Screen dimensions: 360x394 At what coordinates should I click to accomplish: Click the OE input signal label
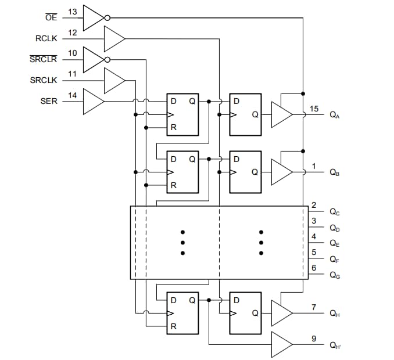51,17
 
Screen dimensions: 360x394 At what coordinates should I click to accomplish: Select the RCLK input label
46,38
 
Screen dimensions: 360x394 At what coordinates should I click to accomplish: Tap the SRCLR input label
42,59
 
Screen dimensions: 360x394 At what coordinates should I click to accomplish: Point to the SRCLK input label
44,80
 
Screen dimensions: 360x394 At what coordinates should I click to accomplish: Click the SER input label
49,101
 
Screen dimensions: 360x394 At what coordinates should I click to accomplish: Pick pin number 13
73,12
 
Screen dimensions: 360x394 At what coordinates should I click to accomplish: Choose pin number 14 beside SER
73,95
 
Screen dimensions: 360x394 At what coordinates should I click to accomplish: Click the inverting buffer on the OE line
93,17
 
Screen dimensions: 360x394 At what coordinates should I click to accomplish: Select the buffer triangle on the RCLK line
114,38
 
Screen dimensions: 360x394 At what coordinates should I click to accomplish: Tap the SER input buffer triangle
93,101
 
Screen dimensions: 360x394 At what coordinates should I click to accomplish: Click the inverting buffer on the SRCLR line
93,59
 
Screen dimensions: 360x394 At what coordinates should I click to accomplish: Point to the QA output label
335,116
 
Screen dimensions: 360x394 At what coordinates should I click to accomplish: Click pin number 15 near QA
314,109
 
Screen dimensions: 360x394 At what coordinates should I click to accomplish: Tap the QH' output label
335,345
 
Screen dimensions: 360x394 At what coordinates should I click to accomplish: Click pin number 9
314,339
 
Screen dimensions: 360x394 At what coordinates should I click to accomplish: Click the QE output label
335,244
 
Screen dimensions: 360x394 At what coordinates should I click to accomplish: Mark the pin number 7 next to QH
314,307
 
